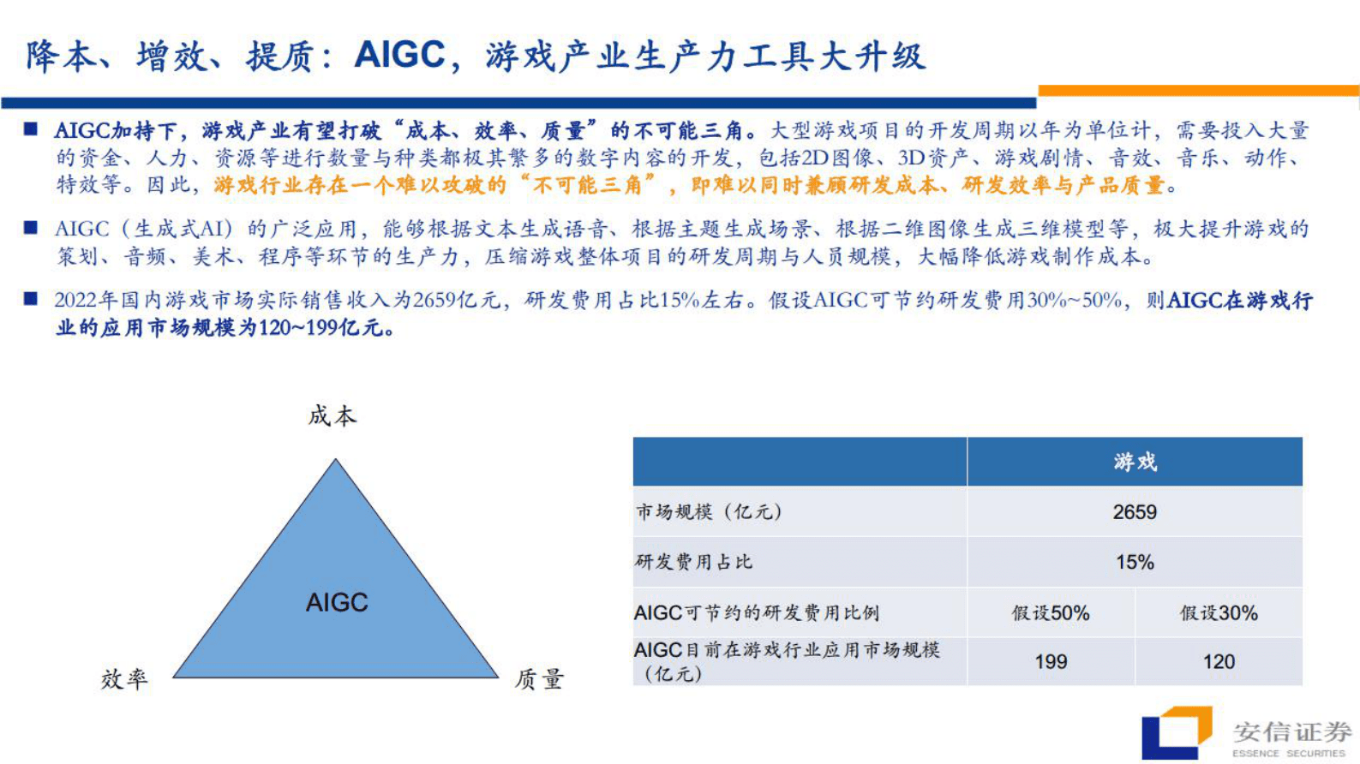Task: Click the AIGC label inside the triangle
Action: click(x=337, y=603)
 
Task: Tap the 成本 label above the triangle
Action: click(x=333, y=416)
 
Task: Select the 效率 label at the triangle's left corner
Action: click(x=124, y=679)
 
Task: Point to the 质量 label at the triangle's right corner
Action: click(x=539, y=679)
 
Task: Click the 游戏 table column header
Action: click(x=1135, y=463)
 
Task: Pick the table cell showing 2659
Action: click(x=1135, y=512)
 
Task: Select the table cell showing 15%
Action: click(x=1135, y=562)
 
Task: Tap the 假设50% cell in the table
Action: click(x=1051, y=613)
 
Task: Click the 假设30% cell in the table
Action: click(x=1219, y=613)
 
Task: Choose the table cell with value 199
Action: click(x=1051, y=661)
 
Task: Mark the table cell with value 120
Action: click(x=1219, y=661)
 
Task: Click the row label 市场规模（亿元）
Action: click(x=709, y=512)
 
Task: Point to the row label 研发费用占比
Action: click(x=694, y=562)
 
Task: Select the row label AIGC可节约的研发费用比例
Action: click(x=757, y=613)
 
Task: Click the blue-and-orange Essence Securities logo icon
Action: click(x=1176, y=732)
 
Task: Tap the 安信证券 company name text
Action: click(x=1292, y=731)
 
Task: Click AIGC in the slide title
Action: click(x=399, y=56)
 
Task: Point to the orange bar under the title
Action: click(x=1198, y=91)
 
